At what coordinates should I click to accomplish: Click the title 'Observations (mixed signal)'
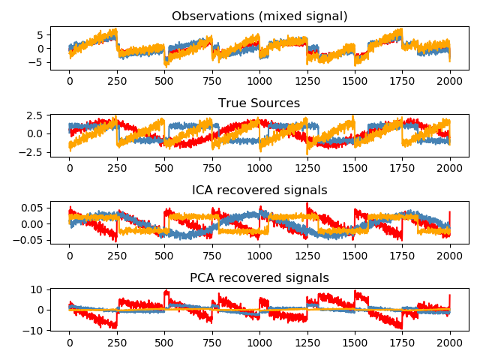pos(259,16)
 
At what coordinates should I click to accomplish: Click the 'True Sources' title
pos(259,103)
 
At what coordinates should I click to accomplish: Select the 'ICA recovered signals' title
pos(259,190)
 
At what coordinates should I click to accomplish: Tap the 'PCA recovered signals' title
pos(259,277)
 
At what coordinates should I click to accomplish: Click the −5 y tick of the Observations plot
pos(39,63)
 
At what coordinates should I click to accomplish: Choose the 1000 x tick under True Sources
pos(259,168)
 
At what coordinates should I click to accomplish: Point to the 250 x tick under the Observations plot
pos(117,81)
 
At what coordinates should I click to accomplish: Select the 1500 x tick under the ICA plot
pos(355,255)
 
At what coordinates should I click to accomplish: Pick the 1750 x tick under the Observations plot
pos(403,81)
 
